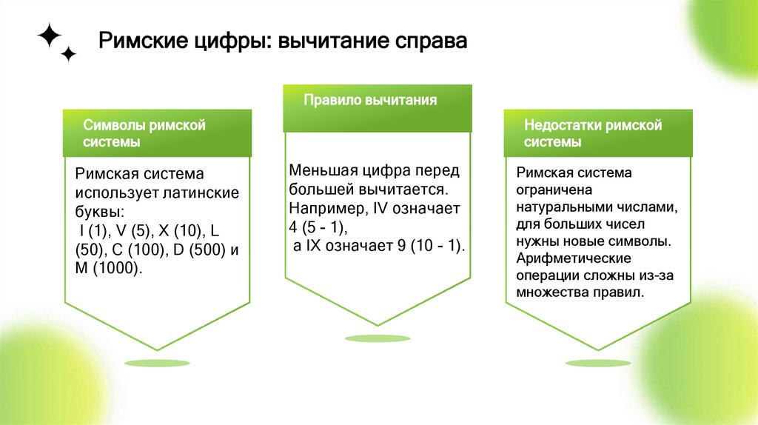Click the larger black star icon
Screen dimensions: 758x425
click(50, 35)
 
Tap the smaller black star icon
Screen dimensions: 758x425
click(68, 54)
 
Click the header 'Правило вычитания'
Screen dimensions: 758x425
click(370, 100)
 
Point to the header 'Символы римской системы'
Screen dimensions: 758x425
click(144, 133)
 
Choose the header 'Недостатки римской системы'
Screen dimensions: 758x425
click(592, 133)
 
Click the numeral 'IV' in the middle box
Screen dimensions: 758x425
click(379, 208)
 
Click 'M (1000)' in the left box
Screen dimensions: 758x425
click(108, 267)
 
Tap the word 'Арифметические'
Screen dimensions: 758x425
click(574, 258)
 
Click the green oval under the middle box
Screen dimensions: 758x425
click(378, 338)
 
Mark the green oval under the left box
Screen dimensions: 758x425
click(158, 363)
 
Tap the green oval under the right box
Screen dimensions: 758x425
click(597, 363)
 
